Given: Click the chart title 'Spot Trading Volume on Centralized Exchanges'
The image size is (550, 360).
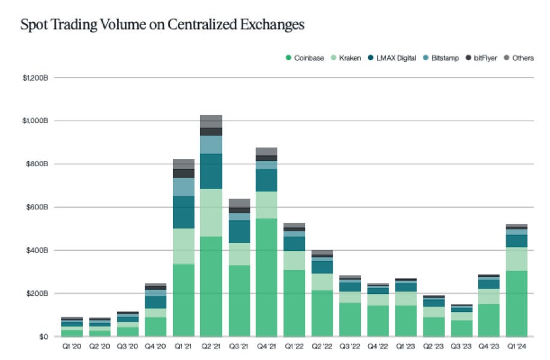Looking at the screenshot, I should tap(162, 25).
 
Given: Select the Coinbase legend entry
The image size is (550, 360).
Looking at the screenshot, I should tap(306, 58).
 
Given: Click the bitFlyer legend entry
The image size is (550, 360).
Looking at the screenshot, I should tap(482, 58).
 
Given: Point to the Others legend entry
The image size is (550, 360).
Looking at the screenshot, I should tap(519, 58).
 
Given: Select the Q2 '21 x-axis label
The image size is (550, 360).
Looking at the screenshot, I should tap(211, 347).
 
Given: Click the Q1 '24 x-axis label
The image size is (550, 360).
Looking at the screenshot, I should tap(516, 347).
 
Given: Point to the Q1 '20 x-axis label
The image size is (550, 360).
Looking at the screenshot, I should tap(72, 347).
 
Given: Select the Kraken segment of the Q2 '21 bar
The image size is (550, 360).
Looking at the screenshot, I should tap(211, 212).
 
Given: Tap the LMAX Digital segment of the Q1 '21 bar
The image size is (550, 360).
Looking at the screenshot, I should tap(183, 212).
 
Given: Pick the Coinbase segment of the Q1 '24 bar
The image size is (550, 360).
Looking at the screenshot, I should tap(516, 303).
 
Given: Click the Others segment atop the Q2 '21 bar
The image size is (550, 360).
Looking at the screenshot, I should tap(211, 121).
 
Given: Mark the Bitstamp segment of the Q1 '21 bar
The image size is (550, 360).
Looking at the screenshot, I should tap(183, 187).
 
